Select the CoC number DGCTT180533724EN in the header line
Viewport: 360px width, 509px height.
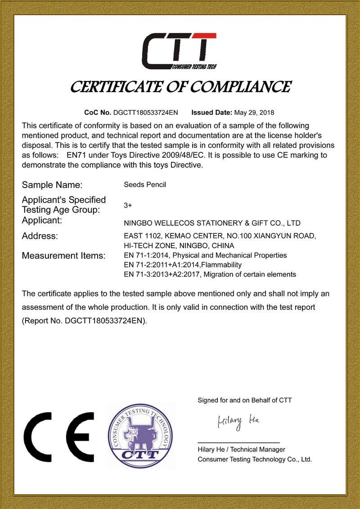coord(145,112)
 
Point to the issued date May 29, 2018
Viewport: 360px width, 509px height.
coord(254,112)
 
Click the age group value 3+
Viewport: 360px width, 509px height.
coord(127,205)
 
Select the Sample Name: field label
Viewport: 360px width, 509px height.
coord(52,185)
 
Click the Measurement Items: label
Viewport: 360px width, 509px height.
coord(63,256)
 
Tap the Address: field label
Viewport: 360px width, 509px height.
coord(40,236)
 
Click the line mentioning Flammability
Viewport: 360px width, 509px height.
coord(182,264)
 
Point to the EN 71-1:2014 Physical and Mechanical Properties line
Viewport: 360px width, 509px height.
coord(205,255)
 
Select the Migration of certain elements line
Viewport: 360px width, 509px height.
coord(209,274)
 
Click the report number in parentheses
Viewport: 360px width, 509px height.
coord(85,321)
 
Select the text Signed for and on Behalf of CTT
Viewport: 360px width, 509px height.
coord(245,400)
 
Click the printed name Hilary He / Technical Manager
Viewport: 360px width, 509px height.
coord(241,450)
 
